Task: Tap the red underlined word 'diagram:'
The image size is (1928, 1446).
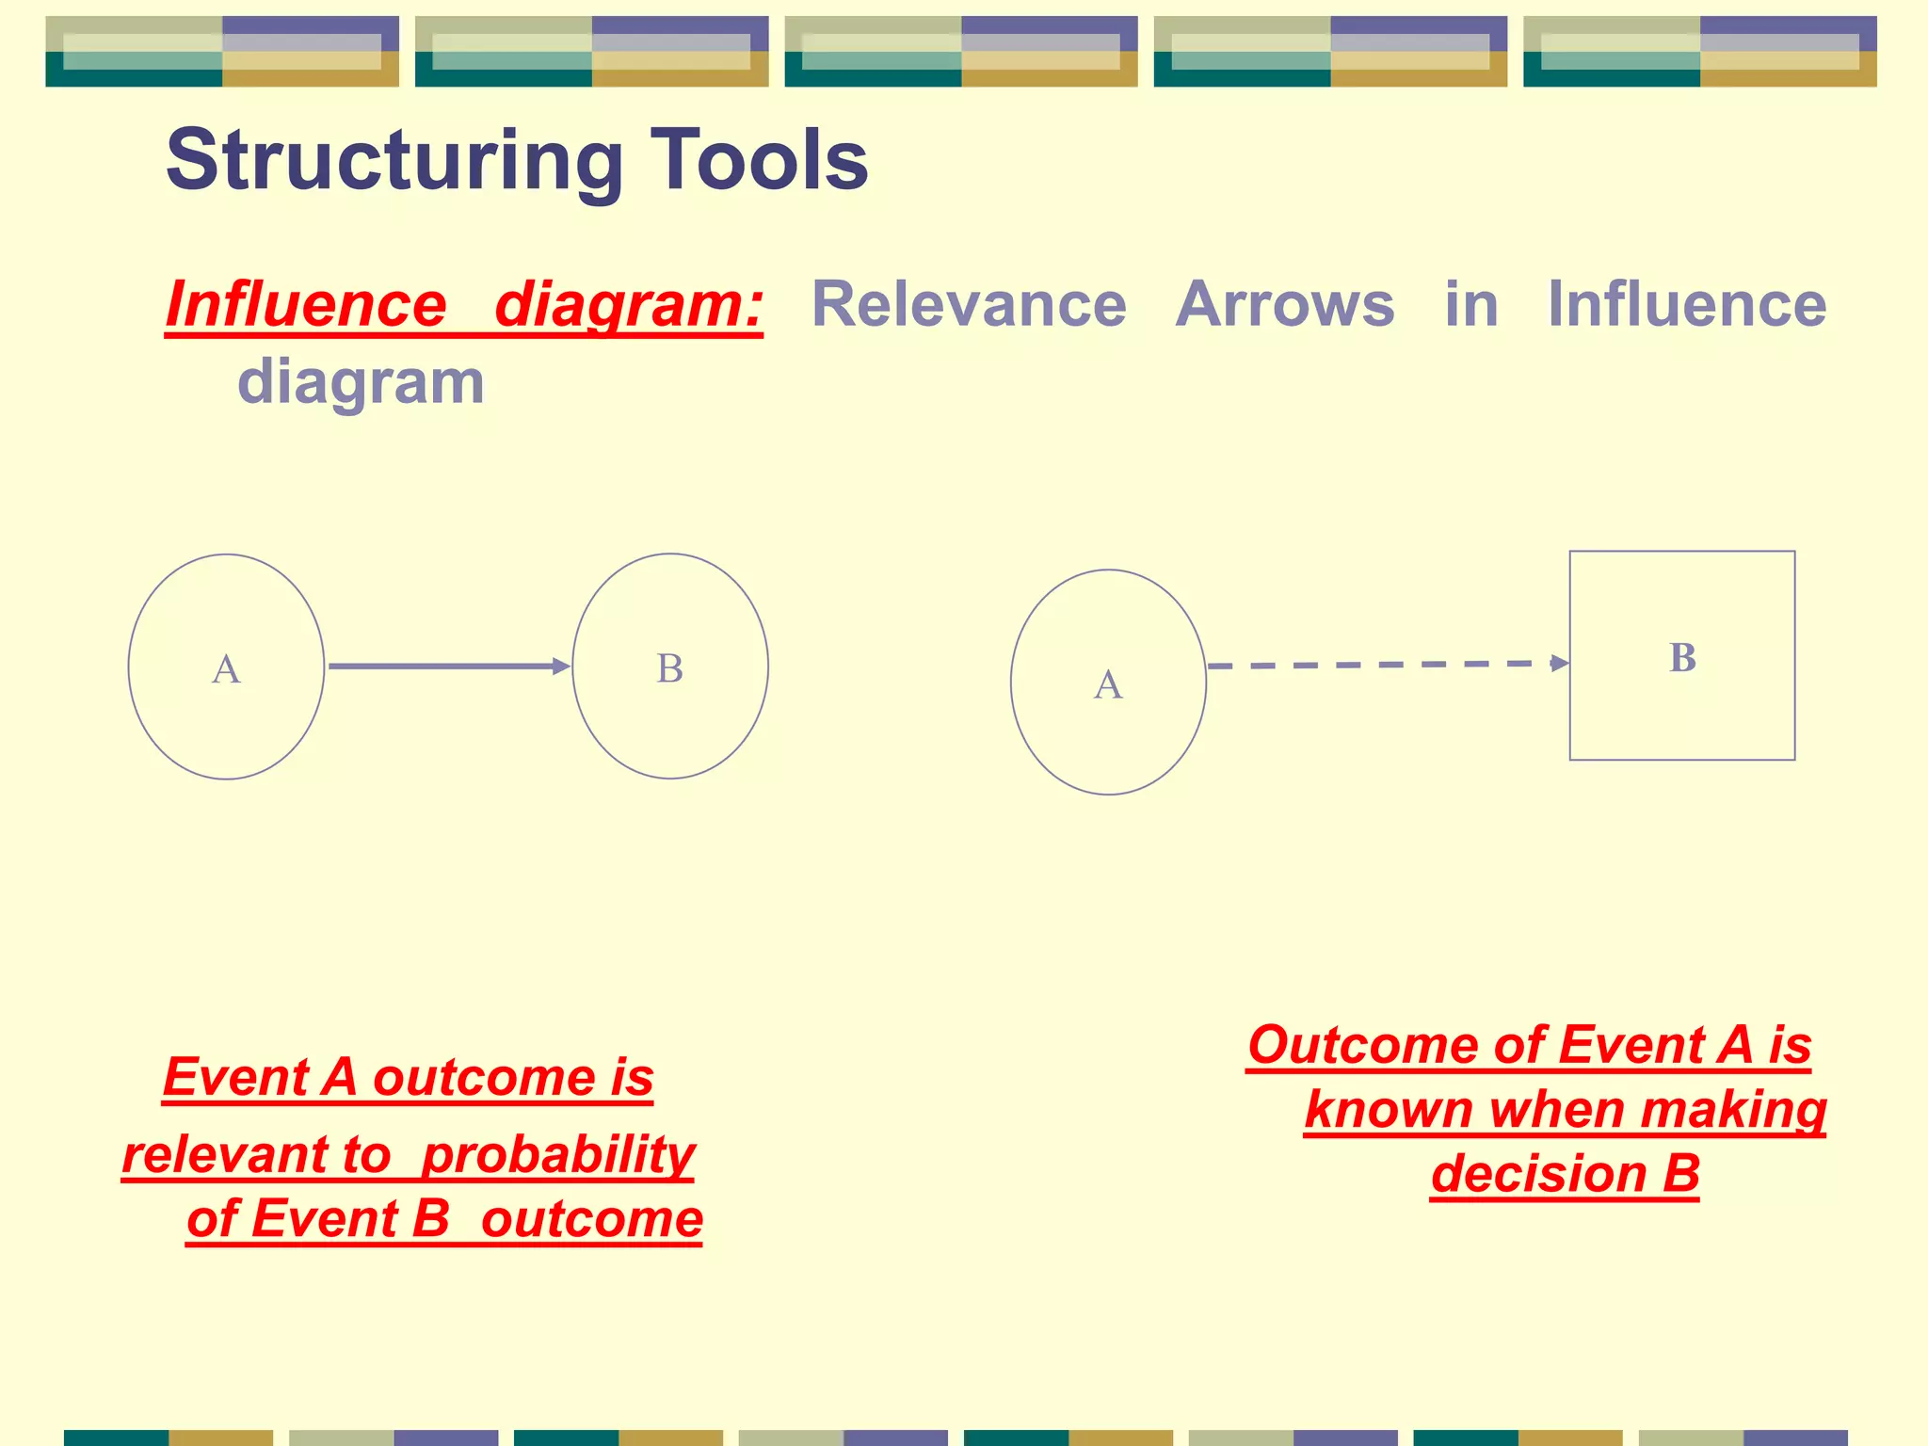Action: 629,306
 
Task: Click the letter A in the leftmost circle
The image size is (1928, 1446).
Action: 226,669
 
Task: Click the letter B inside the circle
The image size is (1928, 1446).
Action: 669,669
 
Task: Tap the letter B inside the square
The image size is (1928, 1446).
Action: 1682,658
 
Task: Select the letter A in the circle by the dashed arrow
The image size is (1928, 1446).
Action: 1108,684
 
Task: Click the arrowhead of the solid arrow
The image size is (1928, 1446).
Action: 562,667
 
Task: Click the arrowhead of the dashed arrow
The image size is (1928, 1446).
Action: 1559,663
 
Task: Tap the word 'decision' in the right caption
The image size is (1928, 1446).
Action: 1538,1174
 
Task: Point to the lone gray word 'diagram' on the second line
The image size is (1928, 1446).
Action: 361,382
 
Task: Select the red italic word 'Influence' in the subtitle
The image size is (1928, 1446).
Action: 306,306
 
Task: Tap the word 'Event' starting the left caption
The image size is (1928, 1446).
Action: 236,1077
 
